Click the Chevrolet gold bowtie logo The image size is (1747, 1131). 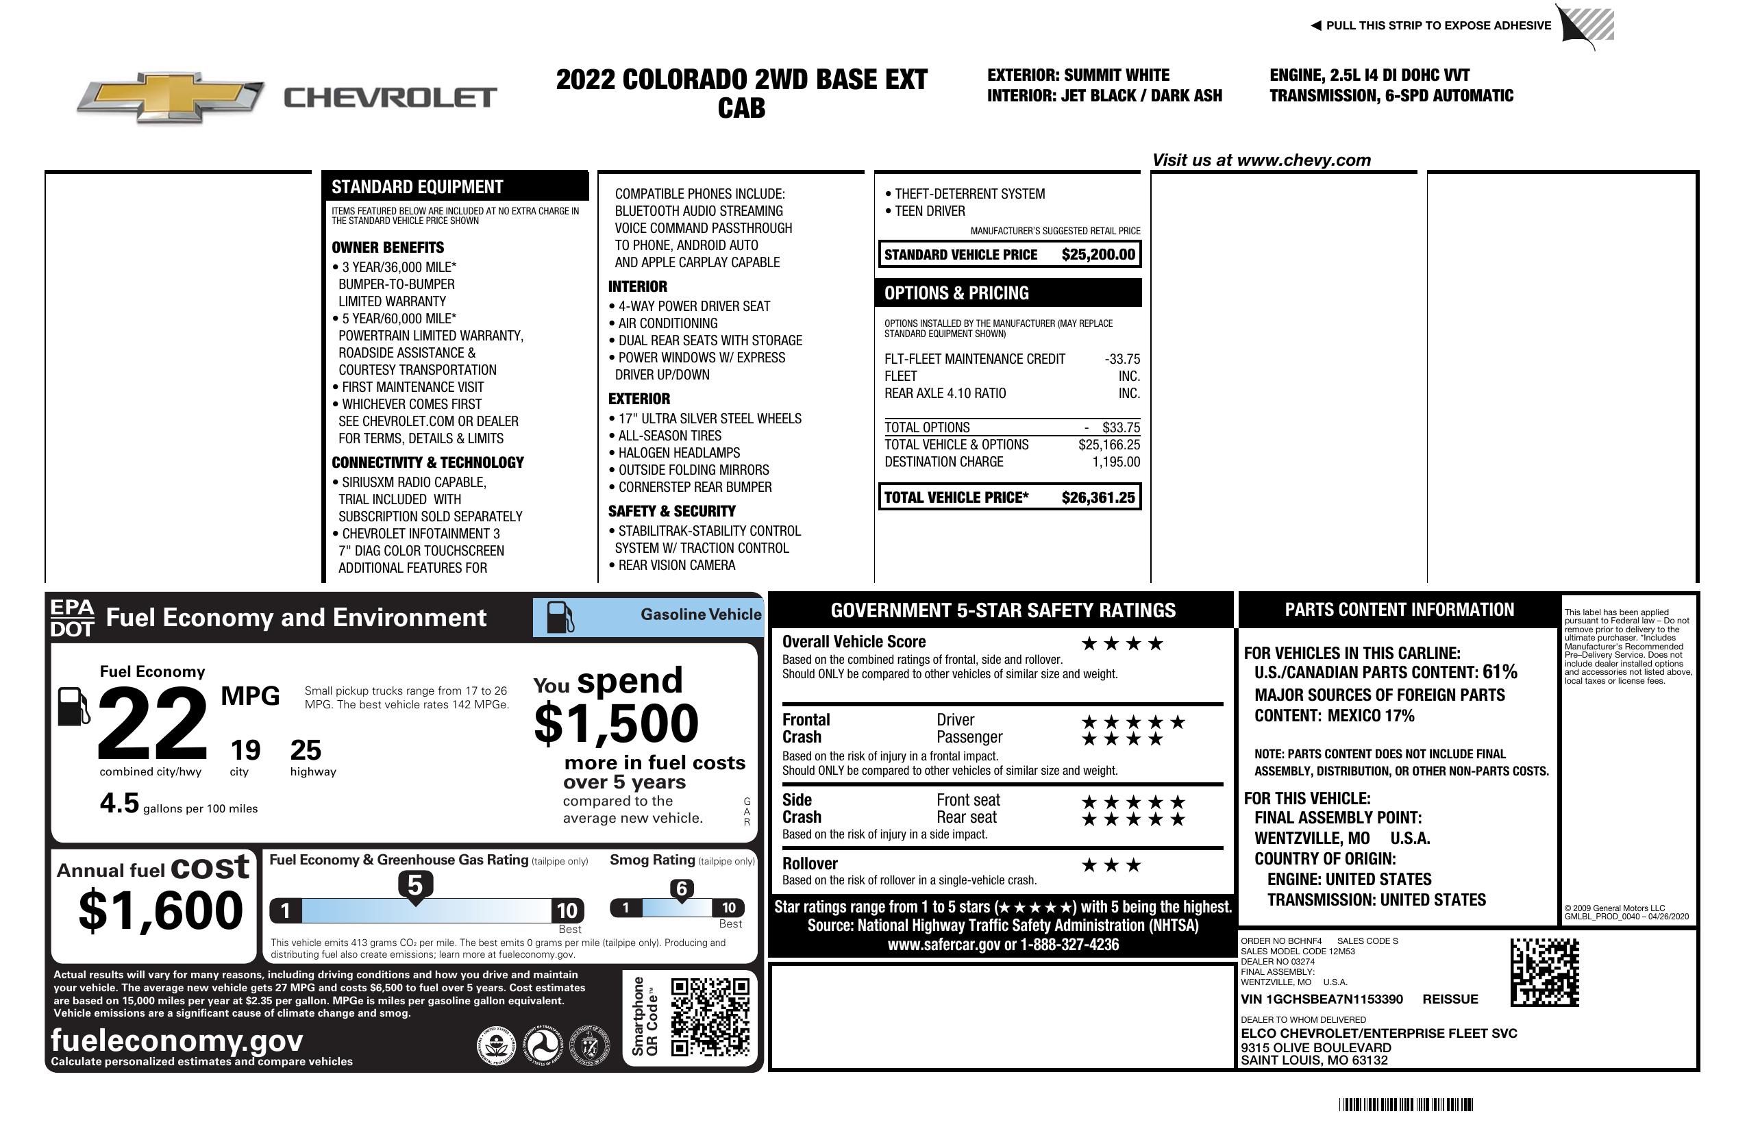pyautogui.click(x=171, y=97)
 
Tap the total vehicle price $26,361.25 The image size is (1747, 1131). pyautogui.click(x=1098, y=497)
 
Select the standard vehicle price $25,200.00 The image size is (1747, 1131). pyautogui.click(x=1098, y=255)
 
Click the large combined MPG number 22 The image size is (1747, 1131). pyautogui.click(x=152, y=723)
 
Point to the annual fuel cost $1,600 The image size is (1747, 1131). pyautogui.click(x=160, y=910)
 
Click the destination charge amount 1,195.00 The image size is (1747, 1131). pyautogui.click(x=1116, y=462)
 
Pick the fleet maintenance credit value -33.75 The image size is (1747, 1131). pyautogui.click(x=1122, y=359)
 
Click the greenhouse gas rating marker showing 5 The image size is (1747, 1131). pyautogui.click(x=414, y=886)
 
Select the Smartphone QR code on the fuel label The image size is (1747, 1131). pyautogui.click(x=710, y=1016)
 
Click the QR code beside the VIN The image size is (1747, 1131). pyautogui.click(x=1544, y=972)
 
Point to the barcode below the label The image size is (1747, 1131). pyautogui.click(x=1406, y=1104)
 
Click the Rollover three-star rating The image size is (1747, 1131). pyautogui.click(x=1111, y=865)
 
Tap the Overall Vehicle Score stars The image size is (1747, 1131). pyautogui.click(x=1122, y=644)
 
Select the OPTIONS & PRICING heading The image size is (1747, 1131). pyautogui.click(x=956, y=293)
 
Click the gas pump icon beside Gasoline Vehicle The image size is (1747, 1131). pyautogui.click(x=560, y=617)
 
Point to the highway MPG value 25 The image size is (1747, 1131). pyautogui.click(x=306, y=750)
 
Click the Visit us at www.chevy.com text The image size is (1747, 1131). pyautogui.click(x=1261, y=160)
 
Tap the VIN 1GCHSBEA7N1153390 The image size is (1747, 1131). pyautogui.click(x=1322, y=999)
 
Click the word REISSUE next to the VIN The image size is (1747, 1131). pyautogui.click(x=1450, y=999)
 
